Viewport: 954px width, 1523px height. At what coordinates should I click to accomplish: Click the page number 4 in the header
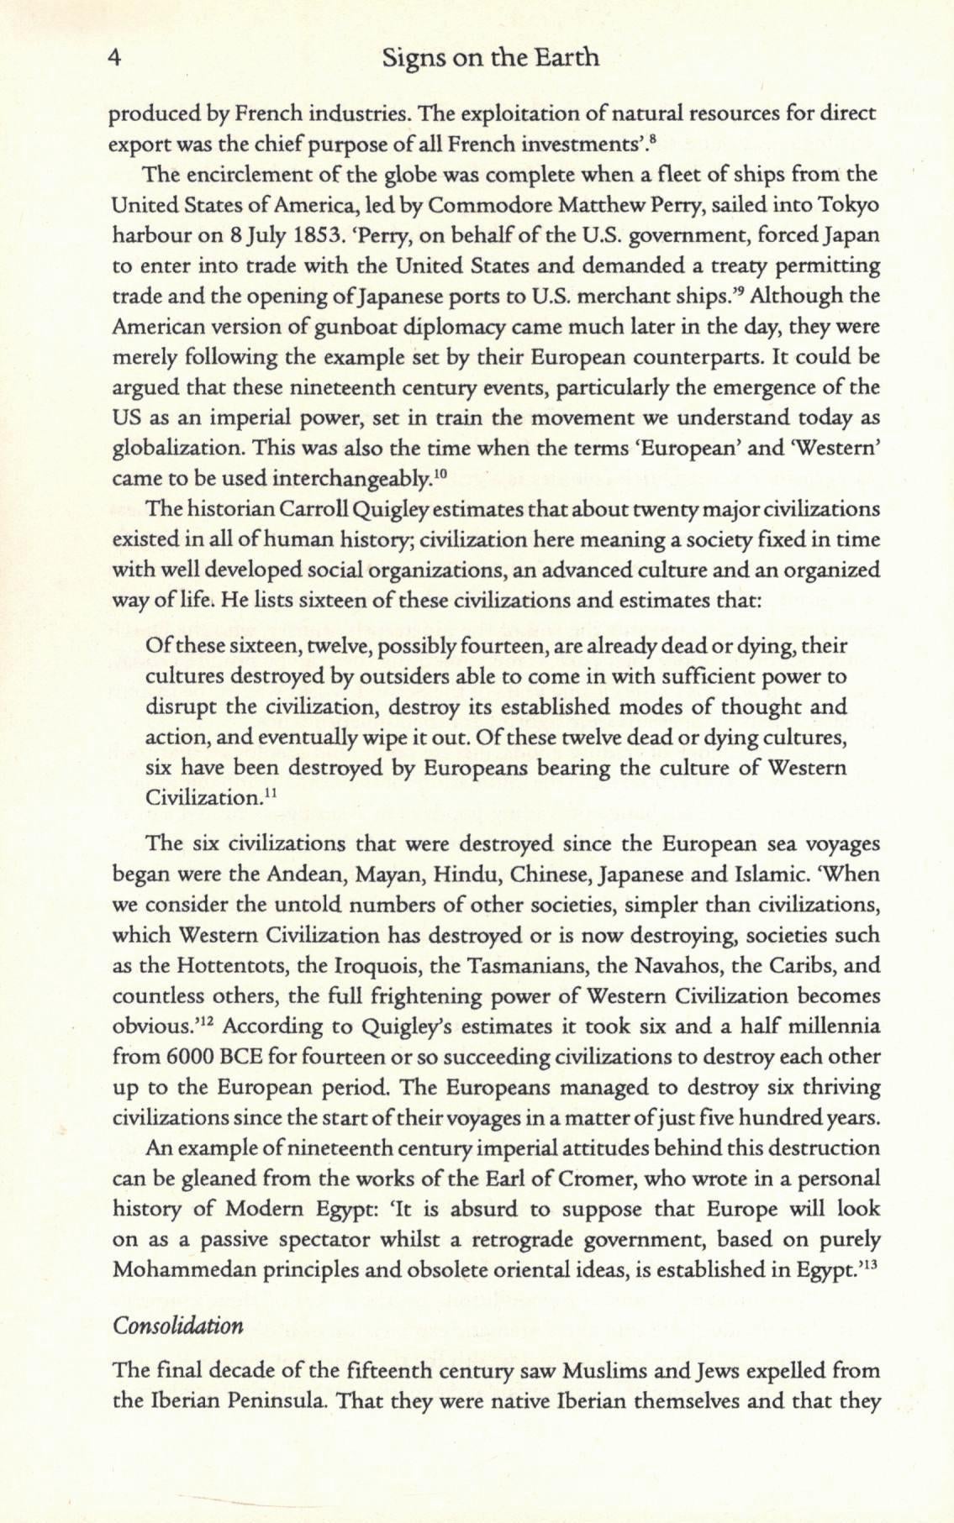(x=116, y=58)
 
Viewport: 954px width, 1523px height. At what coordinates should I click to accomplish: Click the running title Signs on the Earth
(x=490, y=57)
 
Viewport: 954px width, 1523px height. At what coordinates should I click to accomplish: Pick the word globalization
(x=170, y=449)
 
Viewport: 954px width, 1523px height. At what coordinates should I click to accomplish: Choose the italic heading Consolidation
(x=178, y=1326)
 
